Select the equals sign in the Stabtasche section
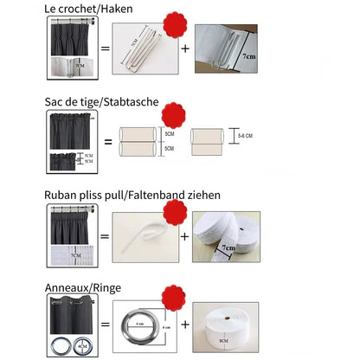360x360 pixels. [108, 141]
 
